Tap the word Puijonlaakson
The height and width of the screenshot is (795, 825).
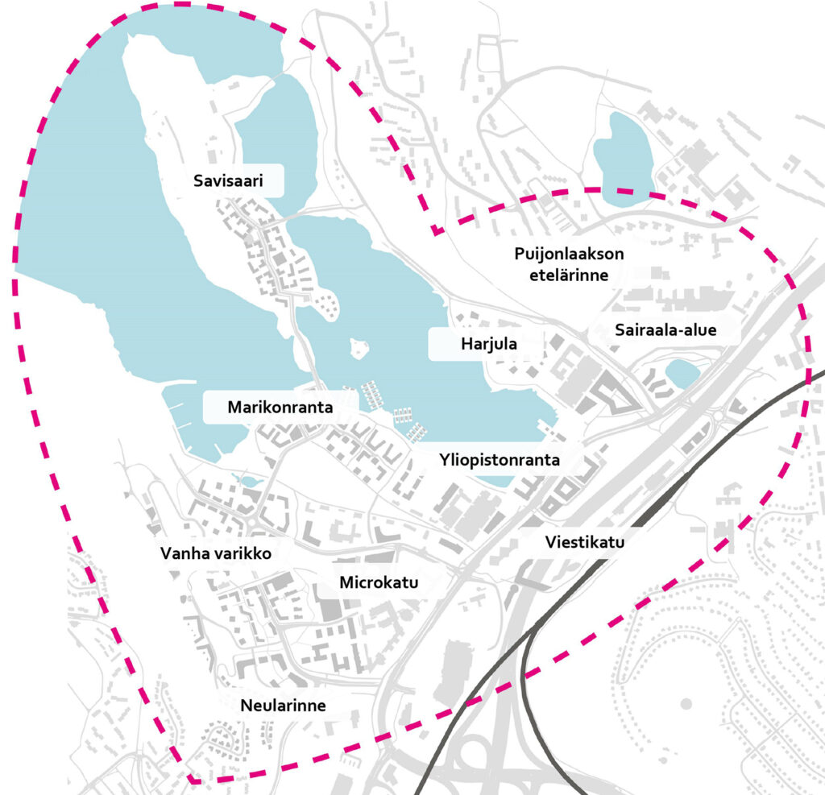pos(569,255)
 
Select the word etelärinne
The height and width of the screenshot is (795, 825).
pos(569,275)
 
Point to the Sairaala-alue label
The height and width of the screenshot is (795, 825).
pos(665,329)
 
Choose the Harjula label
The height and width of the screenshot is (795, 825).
pos(488,345)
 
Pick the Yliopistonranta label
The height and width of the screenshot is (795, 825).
pos(499,462)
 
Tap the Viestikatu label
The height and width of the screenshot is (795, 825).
pos(584,542)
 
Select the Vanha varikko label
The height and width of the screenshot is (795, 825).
pos(214,554)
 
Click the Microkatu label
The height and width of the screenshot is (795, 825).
pos(379,582)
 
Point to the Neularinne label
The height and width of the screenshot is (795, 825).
pos(283,706)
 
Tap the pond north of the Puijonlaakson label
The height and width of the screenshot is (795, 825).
pos(622,153)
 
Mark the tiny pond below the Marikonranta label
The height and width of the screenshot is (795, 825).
pos(251,481)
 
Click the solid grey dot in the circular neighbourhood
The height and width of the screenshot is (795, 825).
pos(686,704)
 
